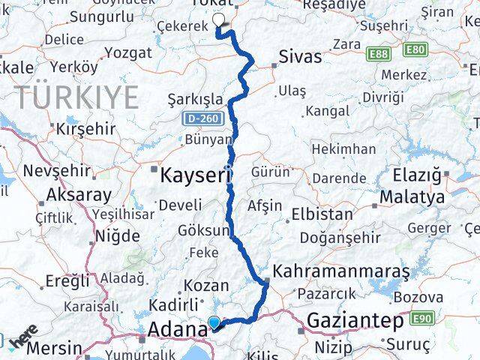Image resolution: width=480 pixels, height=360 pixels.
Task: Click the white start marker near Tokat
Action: (x=219, y=21)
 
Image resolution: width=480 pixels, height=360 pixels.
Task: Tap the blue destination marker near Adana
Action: (x=214, y=324)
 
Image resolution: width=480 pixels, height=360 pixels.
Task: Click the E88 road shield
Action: (x=379, y=53)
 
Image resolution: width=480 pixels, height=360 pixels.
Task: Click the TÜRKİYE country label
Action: (x=78, y=97)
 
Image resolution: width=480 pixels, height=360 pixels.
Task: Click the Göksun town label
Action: (x=207, y=232)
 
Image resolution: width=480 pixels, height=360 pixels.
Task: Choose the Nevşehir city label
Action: (x=57, y=171)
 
